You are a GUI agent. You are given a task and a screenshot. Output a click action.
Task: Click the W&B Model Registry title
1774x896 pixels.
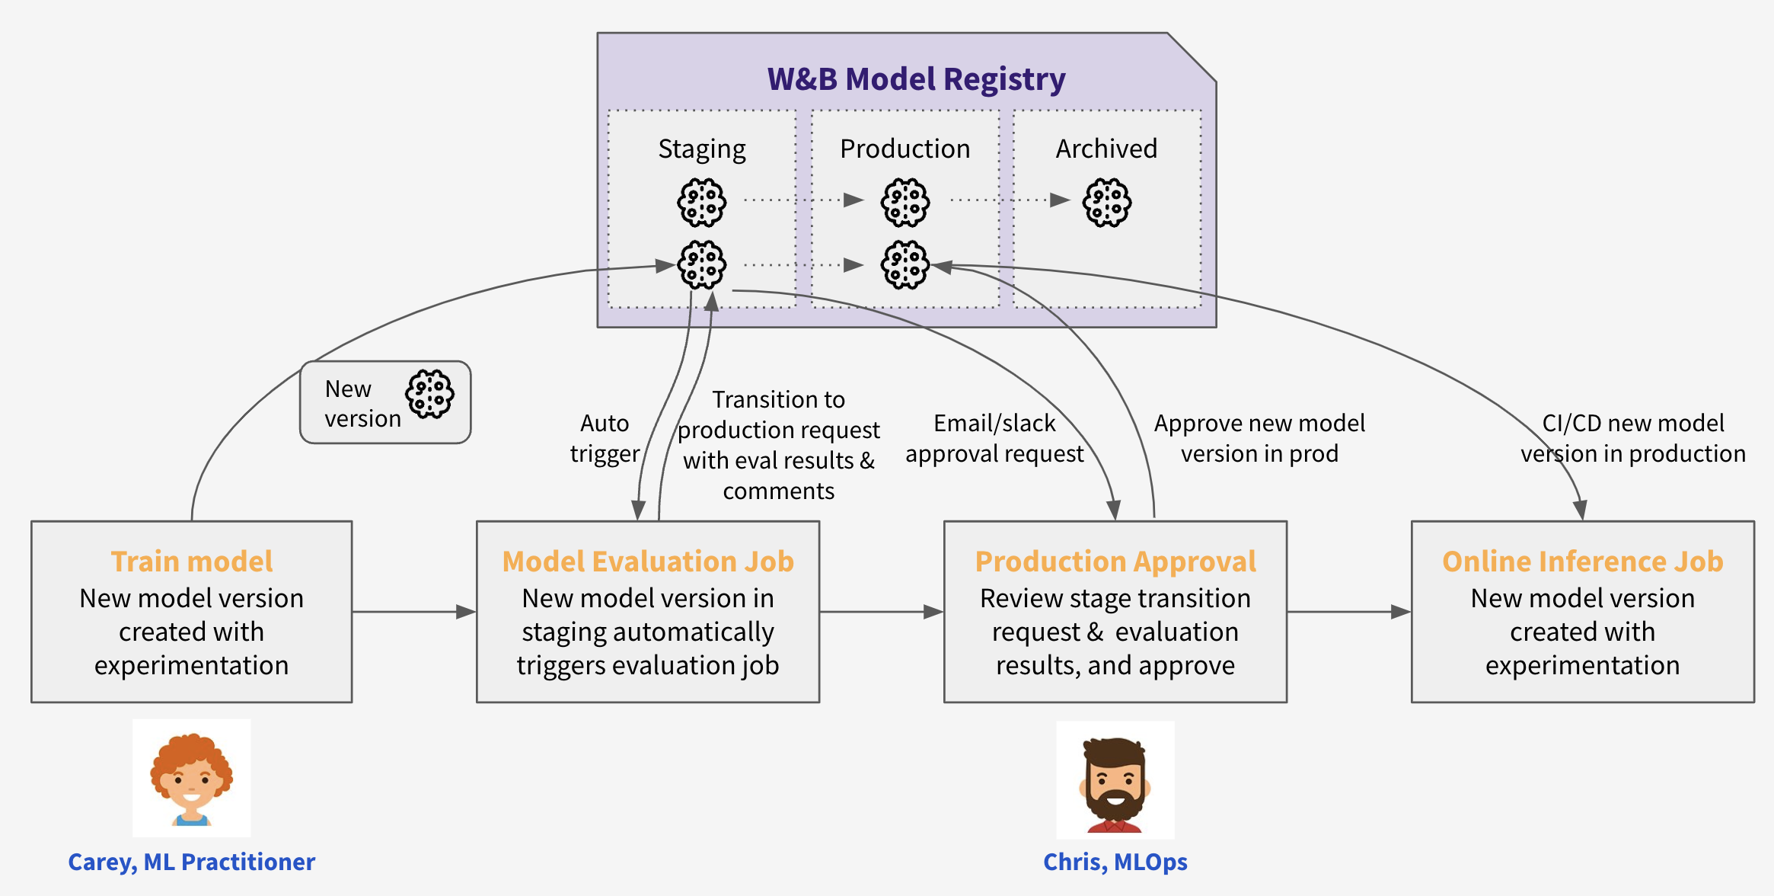pos(916,79)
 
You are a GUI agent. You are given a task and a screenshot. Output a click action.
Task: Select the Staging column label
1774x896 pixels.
pos(702,149)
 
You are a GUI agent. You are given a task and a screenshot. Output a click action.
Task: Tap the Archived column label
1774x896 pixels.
pos(1106,149)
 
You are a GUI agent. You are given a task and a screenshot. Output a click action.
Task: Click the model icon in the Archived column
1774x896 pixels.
pos(1107,203)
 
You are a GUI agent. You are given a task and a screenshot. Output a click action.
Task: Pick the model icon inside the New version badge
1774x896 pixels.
pos(430,395)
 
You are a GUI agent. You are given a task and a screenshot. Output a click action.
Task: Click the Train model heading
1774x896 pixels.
pos(192,562)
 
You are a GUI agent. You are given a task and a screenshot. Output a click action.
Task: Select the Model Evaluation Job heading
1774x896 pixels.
pos(648,562)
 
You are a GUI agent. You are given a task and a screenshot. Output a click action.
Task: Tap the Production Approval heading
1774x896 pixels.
pos(1115,562)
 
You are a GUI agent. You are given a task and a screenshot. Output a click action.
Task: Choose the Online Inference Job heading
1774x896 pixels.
pos(1582,562)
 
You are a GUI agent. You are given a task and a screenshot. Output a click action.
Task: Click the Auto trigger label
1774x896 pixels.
pos(605,438)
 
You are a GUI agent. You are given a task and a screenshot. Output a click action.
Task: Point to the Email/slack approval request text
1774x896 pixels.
pos(994,438)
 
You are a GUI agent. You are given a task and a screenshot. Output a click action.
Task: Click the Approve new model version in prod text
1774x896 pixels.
pos(1259,438)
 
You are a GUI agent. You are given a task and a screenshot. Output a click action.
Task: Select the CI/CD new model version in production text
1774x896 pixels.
pos(1633,438)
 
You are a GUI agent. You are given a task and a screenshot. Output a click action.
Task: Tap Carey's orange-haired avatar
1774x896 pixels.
pos(192,779)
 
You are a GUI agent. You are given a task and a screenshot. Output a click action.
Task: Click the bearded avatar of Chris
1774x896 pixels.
pos(1115,781)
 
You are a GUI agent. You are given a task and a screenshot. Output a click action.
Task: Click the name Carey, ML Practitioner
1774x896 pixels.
pos(192,862)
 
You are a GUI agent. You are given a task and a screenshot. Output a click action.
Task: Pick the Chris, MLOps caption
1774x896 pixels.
pos(1115,862)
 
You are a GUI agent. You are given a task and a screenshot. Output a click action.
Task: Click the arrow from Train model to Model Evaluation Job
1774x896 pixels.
pos(414,612)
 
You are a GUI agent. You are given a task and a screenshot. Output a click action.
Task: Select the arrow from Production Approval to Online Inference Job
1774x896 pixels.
pos(1349,612)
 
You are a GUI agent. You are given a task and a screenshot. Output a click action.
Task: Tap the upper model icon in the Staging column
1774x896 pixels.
pos(702,203)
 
